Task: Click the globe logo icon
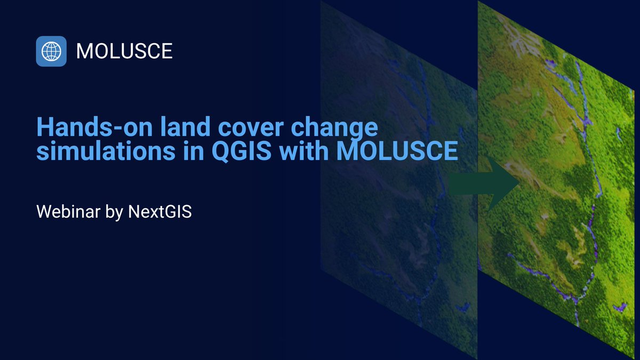point(51,51)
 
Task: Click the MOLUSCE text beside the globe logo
point(124,51)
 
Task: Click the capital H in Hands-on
point(44,129)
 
